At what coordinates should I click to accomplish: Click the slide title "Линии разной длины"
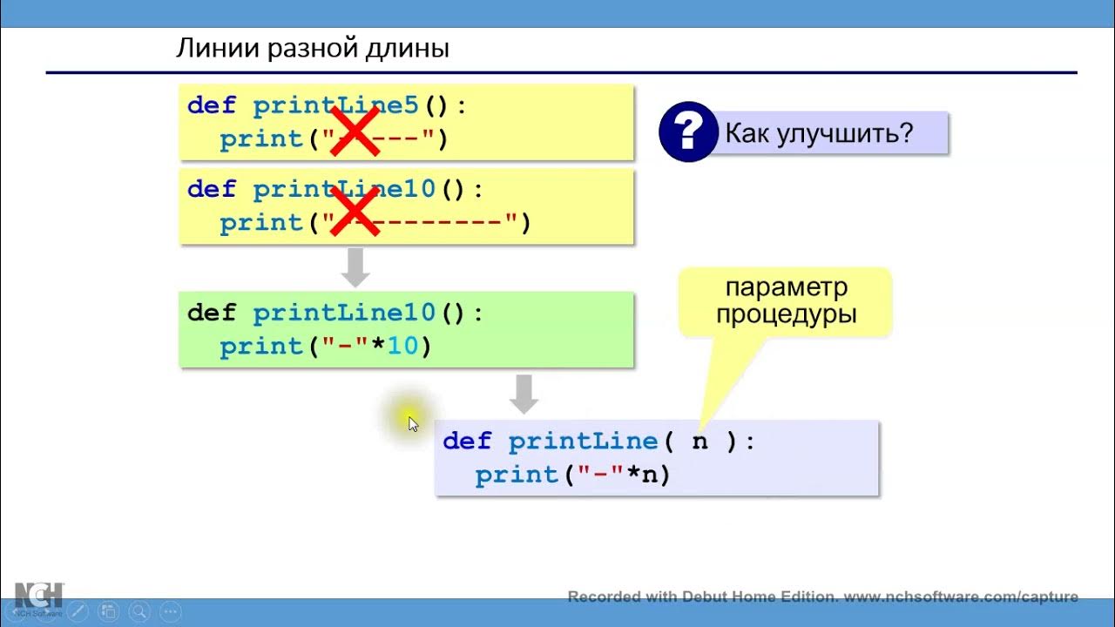click(x=313, y=48)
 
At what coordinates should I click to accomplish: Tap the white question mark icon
click(x=687, y=133)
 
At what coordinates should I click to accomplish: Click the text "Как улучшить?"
click(x=819, y=133)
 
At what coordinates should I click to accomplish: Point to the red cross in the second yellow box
click(x=353, y=211)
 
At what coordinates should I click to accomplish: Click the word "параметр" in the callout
click(x=787, y=287)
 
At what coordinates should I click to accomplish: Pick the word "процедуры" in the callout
click(x=787, y=314)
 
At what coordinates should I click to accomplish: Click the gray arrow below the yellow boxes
click(x=355, y=266)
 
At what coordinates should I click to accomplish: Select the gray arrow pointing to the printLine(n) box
click(x=524, y=394)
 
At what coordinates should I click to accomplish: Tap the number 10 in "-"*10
click(x=403, y=347)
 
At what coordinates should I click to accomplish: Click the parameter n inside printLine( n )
click(x=699, y=442)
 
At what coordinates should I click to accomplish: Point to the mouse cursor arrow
click(x=412, y=423)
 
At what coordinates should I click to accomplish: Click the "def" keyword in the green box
click(x=212, y=313)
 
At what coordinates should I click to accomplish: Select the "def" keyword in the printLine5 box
click(x=212, y=106)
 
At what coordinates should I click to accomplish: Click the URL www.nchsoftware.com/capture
click(x=961, y=597)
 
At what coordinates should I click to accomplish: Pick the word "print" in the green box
click(x=260, y=347)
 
